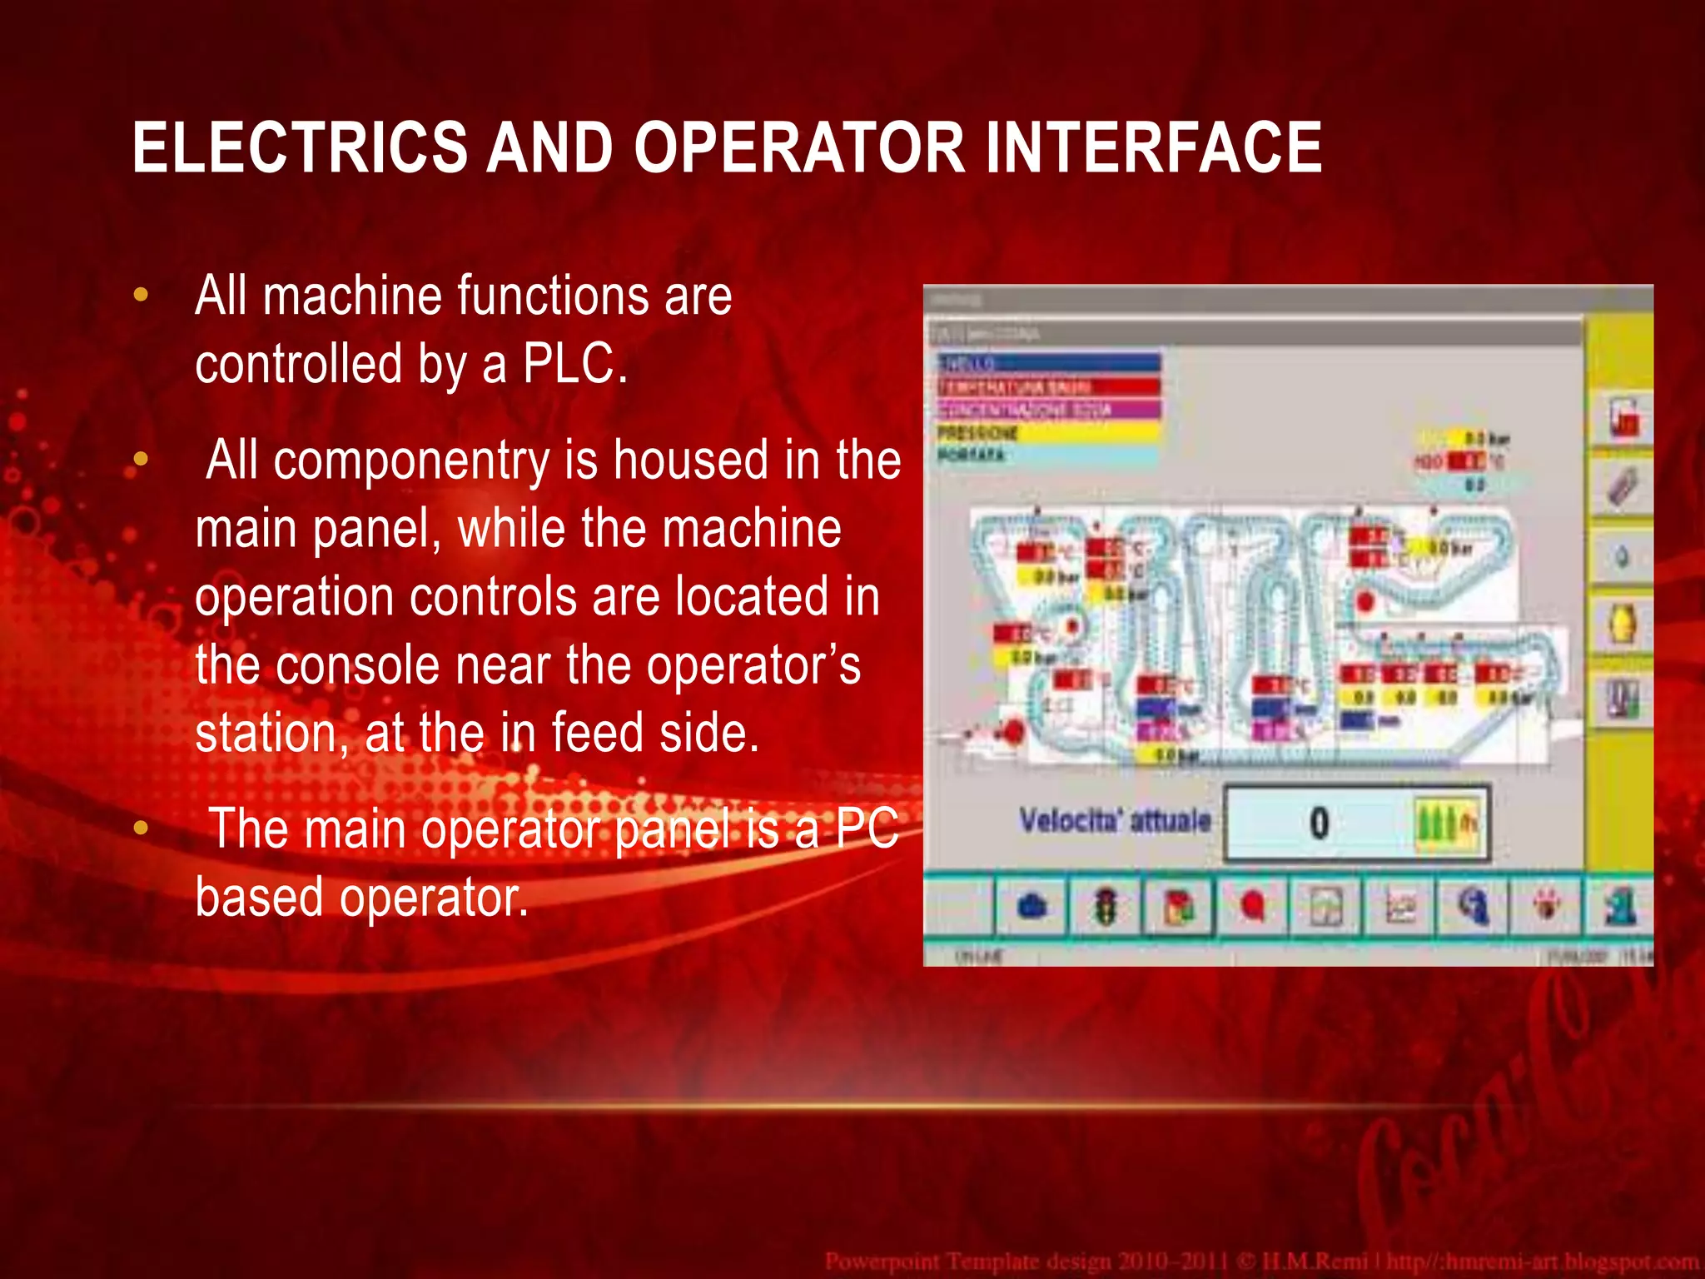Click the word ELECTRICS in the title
pyautogui.click(x=300, y=147)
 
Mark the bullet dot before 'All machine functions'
pyautogui.click(x=141, y=295)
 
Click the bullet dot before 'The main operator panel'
pyautogui.click(x=141, y=828)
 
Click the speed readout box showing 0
pyautogui.click(x=1319, y=824)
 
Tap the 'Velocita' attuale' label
pyautogui.click(x=1115, y=821)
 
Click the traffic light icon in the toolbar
pyautogui.click(x=1105, y=906)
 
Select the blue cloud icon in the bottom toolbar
pyautogui.click(x=1032, y=906)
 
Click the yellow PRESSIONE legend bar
pyautogui.click(x=1048, y=432)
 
